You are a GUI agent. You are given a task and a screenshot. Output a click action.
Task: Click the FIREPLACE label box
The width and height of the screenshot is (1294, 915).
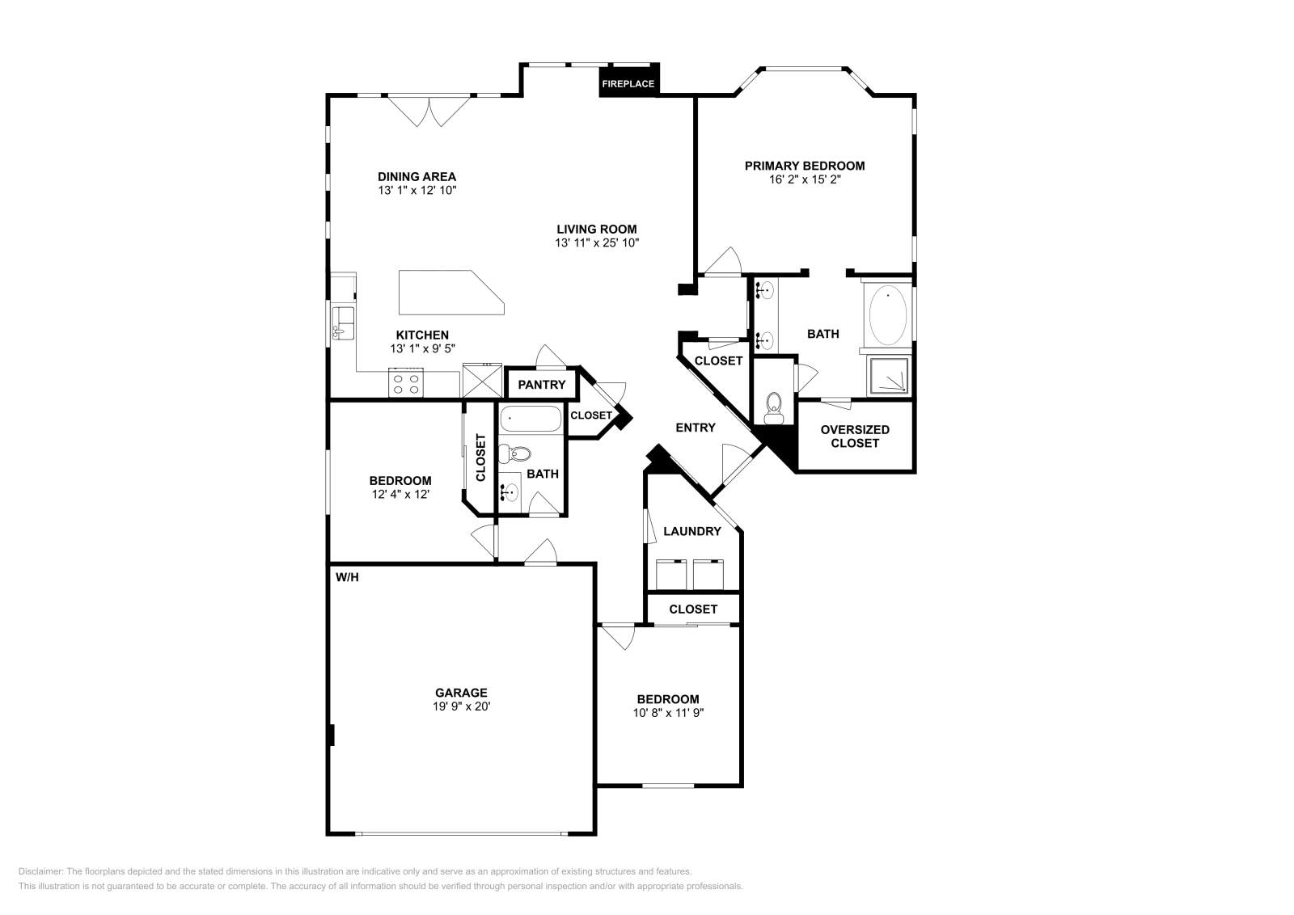pyautogui.click(x=628, y=80)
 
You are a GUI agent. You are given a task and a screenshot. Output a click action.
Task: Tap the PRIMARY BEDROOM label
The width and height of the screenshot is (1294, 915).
pyautogui.click(x=804, y=167)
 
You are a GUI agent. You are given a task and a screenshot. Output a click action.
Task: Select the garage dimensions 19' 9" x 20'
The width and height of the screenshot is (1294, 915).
pyautogui.click(x=461, y=706)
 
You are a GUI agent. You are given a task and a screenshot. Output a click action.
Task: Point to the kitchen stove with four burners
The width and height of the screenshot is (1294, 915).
pyautogui.click(x=405, y=383)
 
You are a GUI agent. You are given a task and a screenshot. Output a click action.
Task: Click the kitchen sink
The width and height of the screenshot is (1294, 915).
pyautogui.click(x=343, y=323)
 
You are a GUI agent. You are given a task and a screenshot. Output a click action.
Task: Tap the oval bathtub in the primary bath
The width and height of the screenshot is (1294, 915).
pyautogui.click(x=888, y=315)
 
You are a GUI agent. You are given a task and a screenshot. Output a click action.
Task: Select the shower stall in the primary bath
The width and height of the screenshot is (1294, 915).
pyautogui.click(x=889, y=377)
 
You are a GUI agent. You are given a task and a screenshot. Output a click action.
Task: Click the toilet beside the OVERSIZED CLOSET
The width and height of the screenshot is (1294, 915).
pyautogui.click(x=773, y=407)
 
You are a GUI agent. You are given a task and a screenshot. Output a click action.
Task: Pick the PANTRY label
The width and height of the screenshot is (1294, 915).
pyautogui.click(x=541, y=385)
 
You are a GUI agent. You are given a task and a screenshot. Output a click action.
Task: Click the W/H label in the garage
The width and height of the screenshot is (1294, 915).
pyautogui.click(x=347, y=577)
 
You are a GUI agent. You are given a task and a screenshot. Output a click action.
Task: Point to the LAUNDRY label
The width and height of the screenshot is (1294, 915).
pyautogui.click(x=692, y=531)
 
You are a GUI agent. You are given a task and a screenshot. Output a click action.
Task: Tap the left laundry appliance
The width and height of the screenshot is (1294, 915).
pyautogui.click(x=671, y=574)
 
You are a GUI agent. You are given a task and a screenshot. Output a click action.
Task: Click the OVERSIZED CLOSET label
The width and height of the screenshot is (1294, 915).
pyautogui.click(x=855, y=436)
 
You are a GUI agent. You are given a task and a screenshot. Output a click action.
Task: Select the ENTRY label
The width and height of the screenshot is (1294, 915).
pyautogui.click(x=696, y=428)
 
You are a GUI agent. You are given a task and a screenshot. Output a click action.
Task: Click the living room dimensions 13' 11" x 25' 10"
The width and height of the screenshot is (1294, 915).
pyautogui.click(x=597, y=243)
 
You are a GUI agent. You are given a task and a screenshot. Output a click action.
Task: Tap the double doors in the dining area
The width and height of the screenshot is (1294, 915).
pyautogui.click(x=429, y=112)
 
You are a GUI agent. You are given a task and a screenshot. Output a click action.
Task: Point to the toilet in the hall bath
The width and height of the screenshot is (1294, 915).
pyautogui.click(x=514, y=453)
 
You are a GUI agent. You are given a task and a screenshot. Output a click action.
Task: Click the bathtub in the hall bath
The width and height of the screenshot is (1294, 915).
pyautogui.click(x=531, y=420)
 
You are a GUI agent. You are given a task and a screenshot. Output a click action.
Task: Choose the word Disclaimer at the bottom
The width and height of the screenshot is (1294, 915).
pyautogui.click(x=40, y=871)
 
